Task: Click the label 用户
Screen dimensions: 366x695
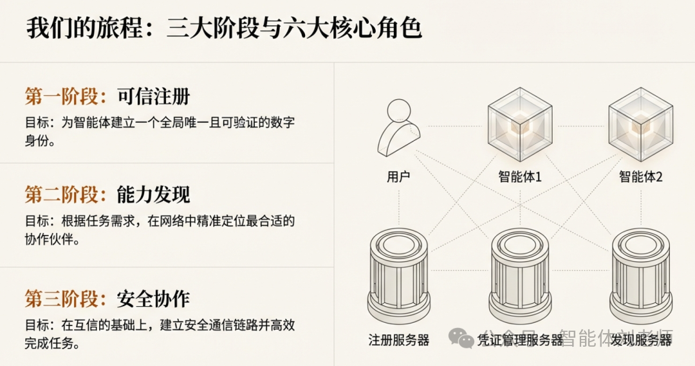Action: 399,176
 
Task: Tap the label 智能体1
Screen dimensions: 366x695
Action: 520,176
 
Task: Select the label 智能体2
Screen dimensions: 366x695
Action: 641,176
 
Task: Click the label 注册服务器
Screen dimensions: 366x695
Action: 399,339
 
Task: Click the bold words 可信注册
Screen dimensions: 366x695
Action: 153,96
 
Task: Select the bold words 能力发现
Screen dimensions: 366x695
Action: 153,194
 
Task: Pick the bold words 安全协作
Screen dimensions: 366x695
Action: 153,298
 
